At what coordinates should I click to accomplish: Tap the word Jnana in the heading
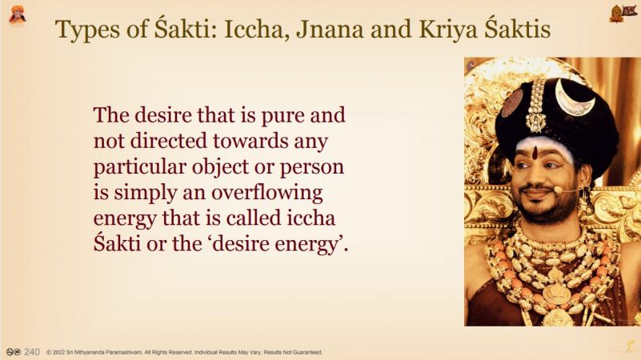330,30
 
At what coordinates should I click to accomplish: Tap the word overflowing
266,193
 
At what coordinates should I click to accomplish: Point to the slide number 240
32,352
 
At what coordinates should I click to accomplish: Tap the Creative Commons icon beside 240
13,352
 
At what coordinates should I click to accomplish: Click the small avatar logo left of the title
17,15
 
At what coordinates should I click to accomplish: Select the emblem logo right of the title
623,14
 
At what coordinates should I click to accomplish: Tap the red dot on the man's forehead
535,153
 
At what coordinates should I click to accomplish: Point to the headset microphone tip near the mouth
556,190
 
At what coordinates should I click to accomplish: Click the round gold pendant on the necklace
556,294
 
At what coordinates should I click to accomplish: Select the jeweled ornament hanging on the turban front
536,107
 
